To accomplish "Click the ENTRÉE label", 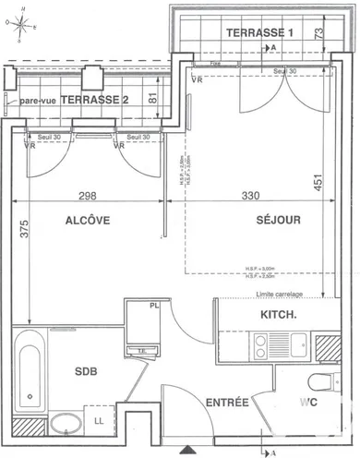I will pos(226,403).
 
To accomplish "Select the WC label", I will pos(307,403).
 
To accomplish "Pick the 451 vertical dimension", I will pos(318,182).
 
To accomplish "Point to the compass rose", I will pos(21,25).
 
